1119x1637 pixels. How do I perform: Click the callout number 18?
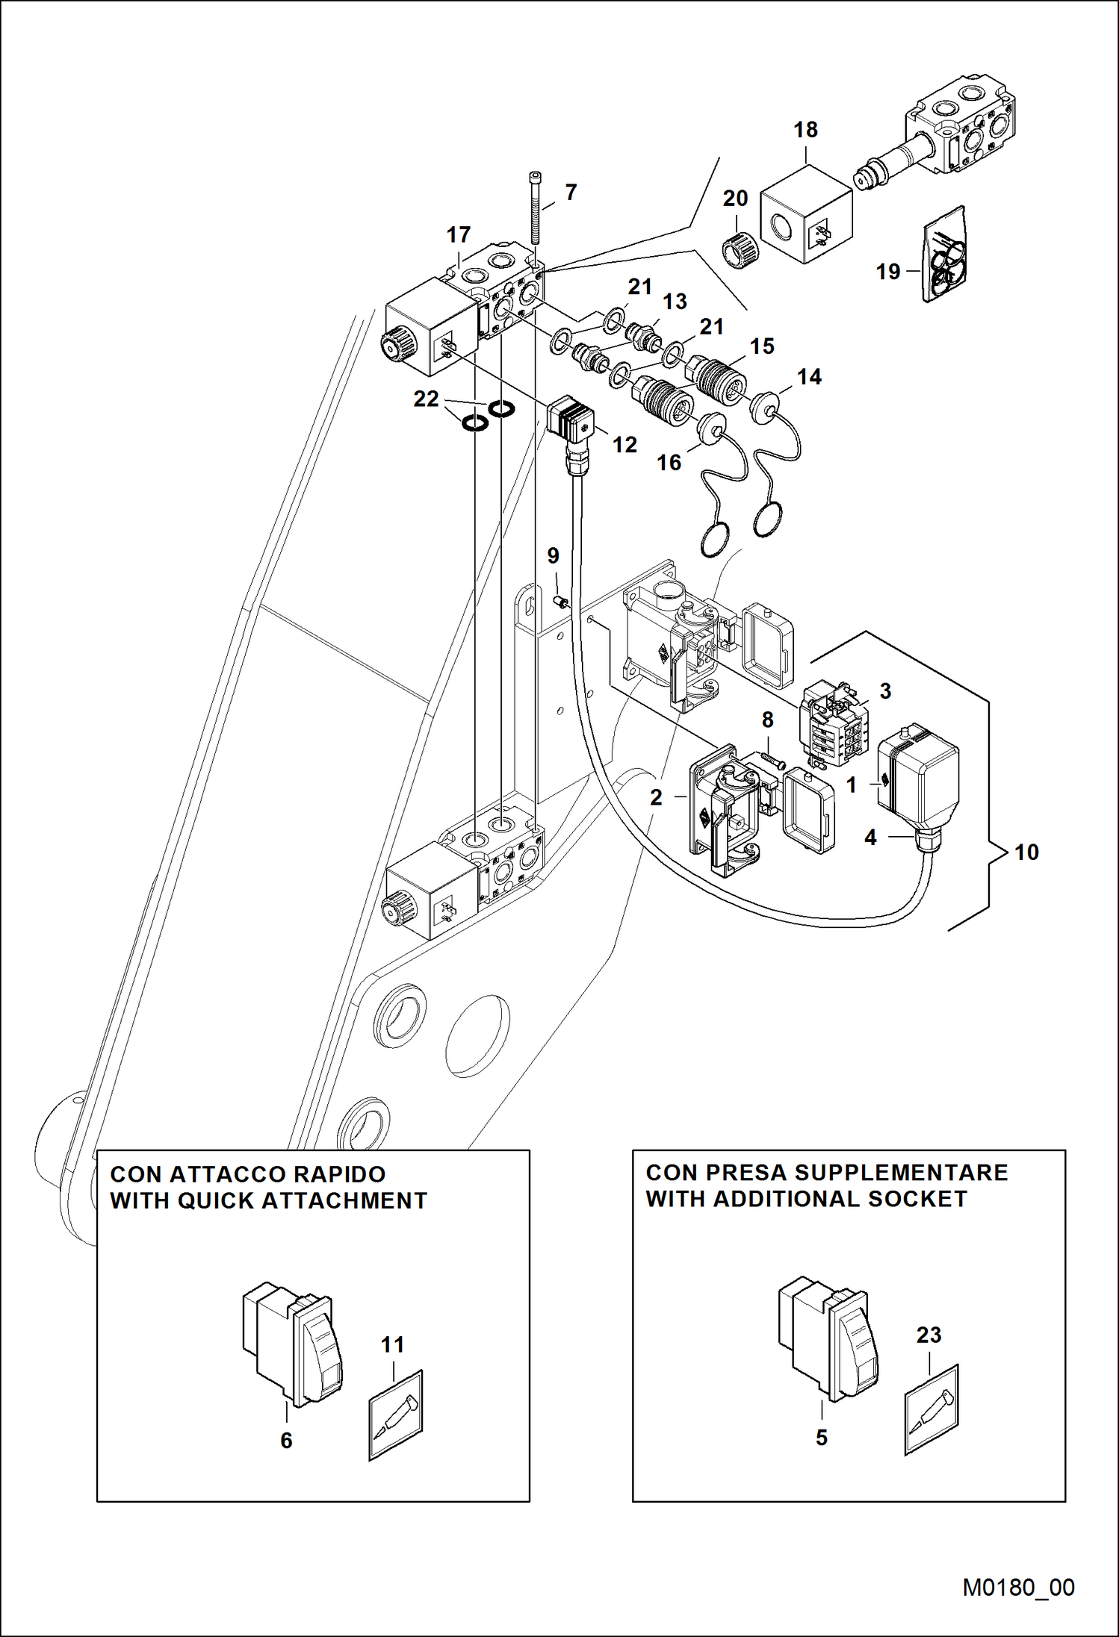(x=805, y=130)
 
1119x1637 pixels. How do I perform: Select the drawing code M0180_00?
(x=1018, y=1587)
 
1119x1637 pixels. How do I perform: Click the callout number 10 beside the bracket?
(x=1026, y=852)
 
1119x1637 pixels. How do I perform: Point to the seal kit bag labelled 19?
(x=944, y=255)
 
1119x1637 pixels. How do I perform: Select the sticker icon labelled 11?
(x=395, y=1415)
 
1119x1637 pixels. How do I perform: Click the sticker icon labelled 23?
(x=932, y=1409)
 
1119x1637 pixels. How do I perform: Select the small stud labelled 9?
(x=560, y=601)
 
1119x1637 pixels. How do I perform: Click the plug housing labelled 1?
(x=918, y=784)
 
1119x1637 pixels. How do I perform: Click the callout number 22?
(x=426, y=399)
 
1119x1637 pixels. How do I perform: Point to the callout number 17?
(x=459, y=235)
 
